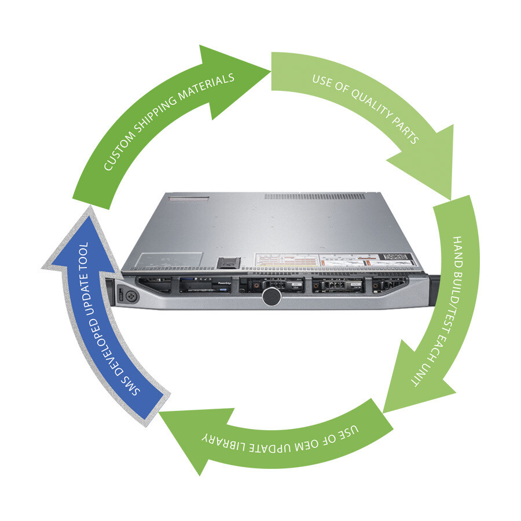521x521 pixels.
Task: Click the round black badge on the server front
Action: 271,297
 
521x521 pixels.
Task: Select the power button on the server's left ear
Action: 128,294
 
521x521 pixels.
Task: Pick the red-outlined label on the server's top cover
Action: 188,199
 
